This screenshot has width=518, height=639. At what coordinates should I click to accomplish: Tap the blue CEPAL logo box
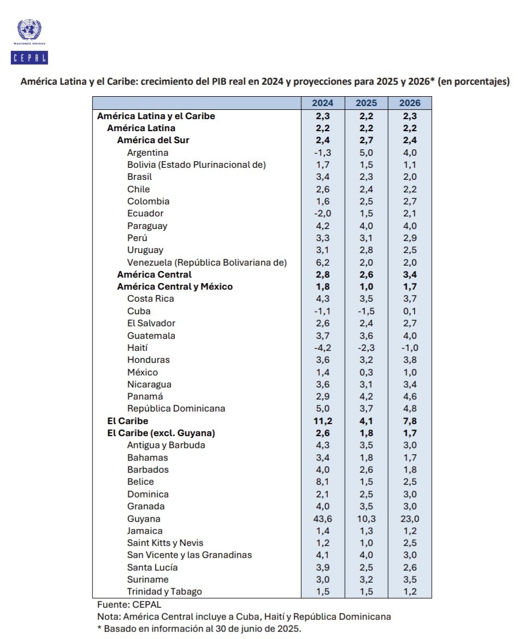30,57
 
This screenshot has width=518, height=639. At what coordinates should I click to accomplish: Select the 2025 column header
366,103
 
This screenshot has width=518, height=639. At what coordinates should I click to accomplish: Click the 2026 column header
410,103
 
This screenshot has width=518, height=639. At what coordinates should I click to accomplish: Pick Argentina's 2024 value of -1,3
322,153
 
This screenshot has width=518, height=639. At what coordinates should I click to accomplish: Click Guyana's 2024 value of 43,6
322,519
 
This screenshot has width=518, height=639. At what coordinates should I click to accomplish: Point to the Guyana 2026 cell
410,519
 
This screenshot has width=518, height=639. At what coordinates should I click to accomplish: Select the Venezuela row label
207,262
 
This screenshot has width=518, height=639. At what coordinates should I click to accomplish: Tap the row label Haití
137,348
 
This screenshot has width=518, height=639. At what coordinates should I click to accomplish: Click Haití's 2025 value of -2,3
366,348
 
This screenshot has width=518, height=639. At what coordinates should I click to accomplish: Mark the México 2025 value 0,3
366,372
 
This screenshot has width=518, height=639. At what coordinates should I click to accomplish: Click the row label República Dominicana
176,408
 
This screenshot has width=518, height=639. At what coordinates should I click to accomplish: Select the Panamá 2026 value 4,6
410,396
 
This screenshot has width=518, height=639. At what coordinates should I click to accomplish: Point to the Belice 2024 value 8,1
322,482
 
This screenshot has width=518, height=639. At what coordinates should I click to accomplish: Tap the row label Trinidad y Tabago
164,591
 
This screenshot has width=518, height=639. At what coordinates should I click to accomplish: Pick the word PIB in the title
219,81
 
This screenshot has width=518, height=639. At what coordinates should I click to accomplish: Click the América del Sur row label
153,140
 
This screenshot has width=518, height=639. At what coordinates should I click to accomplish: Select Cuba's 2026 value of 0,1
410,312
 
